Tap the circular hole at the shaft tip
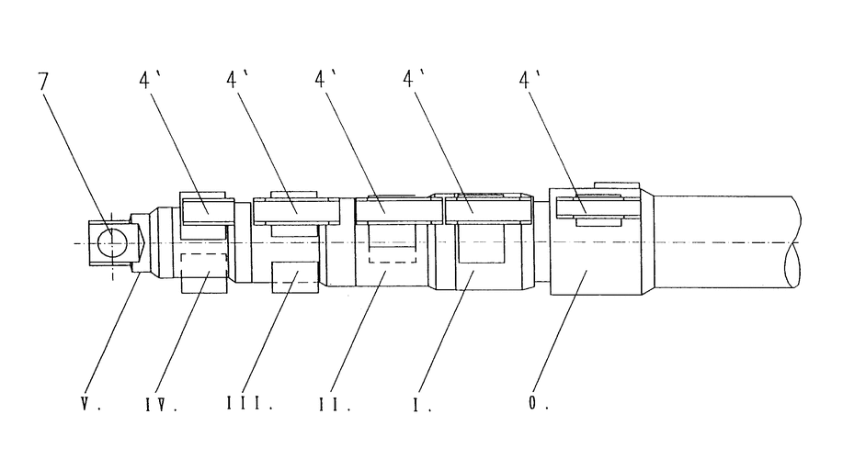click(110, 241)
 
